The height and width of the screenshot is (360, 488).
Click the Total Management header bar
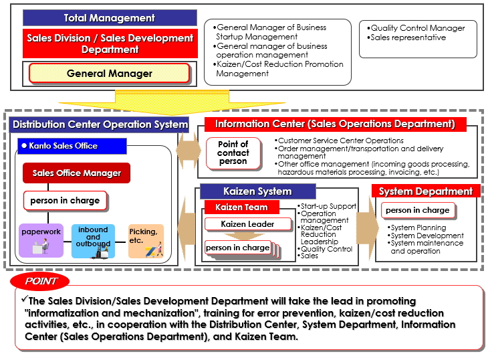pos(110,18)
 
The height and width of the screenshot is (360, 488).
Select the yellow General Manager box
pos(109,74)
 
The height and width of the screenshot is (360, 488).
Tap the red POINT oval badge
pos(40,281)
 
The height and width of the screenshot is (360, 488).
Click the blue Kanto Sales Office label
pos(72,146)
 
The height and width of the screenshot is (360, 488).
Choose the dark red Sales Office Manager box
pos(77,173)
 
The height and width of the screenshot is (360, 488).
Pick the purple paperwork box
pos(41,240)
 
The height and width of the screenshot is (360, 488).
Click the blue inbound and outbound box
pos(93,241)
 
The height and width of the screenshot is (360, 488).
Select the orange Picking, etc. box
pos(146,241)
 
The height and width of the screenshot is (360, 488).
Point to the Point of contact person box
pos(233,153)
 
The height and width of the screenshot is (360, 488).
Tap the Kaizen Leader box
pos(248,224)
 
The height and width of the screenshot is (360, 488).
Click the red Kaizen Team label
pos(241,207)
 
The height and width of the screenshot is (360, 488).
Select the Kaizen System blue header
pos(257,191)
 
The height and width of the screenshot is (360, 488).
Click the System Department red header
pos(426,191)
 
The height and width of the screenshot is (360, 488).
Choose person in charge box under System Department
pos(418,210)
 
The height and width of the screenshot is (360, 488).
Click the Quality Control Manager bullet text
pos(416,28)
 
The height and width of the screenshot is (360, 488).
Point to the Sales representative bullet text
pos(406,37)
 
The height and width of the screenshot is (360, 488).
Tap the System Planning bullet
pos(416,228)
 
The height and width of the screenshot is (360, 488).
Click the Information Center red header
pos(335,124)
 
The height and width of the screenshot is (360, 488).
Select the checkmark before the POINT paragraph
pos(25,298)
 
